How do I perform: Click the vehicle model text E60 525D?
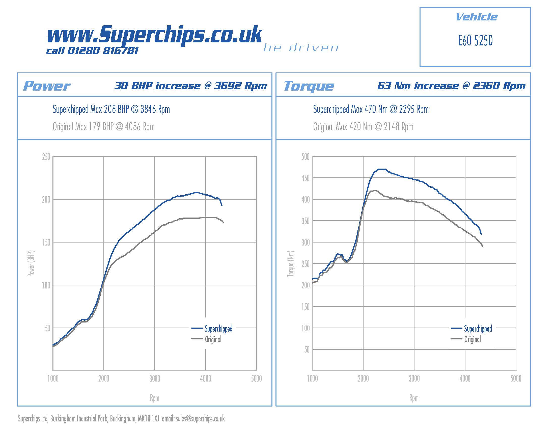coord(475,41)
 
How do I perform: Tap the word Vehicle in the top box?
coord(476,17)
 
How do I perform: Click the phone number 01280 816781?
coord(103,51)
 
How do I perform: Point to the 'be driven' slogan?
coord(301,48)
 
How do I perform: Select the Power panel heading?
coord(46,86)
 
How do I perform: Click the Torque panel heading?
coord(309,86)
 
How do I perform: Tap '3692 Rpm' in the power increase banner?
coord(240,86)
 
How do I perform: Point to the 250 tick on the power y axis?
coord(46,157)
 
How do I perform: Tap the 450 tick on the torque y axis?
coord(306,178)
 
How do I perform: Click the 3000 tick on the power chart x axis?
coord(154,379)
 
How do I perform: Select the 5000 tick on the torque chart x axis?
coord(516,379)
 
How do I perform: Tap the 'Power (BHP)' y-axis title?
coord(31,263)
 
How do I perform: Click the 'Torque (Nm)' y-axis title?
coord(290,263)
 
